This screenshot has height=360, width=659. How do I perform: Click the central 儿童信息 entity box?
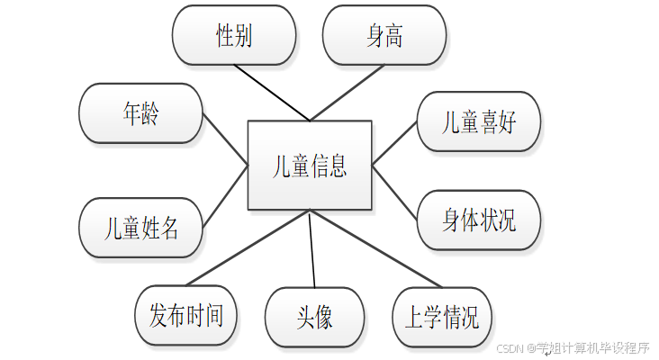tap(310, 166)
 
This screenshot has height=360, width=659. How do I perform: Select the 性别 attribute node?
tap(233, 36)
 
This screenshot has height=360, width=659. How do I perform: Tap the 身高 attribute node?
tap(384, 36)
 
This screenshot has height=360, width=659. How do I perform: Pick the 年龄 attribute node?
tap(140, 113)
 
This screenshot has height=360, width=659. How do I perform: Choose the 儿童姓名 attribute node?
tap(140, 228)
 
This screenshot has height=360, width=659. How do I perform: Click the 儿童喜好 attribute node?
tap(479, 122)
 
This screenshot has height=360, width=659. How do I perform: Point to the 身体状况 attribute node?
tap(479, 220)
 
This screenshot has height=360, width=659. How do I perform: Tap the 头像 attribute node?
tap(314, 317)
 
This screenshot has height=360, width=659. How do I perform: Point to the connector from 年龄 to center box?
tap(225, 139)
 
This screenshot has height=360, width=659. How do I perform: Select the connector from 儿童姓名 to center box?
tap(225, 195)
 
